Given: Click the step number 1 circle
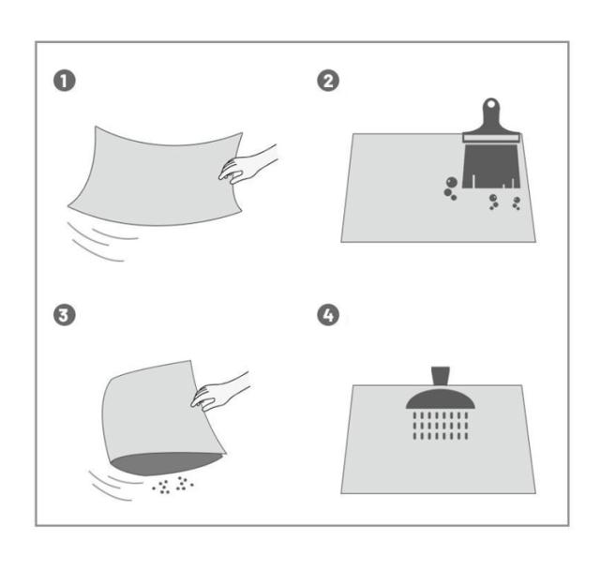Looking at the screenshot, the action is (x=65, y=81).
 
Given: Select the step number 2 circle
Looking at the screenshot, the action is (x=328, y=81).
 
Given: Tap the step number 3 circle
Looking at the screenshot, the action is (x=65, y=315).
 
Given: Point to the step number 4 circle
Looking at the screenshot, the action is (x=328, y=315).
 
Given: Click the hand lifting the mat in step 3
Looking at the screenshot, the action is (x=220, y=391).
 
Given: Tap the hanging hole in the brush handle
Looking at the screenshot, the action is (x=491, y=104).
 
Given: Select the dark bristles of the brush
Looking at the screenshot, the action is (x=491, y=166).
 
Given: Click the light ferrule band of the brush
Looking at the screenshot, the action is (x=491, y=138).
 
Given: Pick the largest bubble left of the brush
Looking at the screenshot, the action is (x=452, y=182).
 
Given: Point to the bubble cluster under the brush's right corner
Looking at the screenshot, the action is (x=517, y=203).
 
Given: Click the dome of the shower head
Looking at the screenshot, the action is (x=441, y=399).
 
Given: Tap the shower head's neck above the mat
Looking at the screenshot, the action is (x=441, y=376).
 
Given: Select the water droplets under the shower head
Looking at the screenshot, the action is (x=441, y=426).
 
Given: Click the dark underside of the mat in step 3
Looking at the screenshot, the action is (x=167, y=463).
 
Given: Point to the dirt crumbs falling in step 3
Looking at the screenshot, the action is (x=172, y=485).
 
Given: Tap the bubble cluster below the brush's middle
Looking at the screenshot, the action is (x=493, y=202).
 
